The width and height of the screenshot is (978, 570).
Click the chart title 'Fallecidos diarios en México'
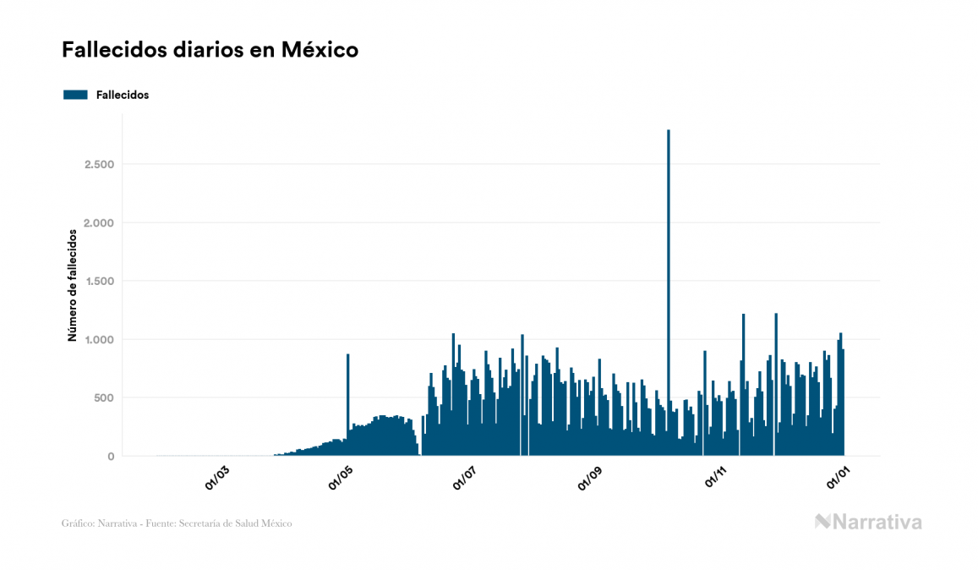210,50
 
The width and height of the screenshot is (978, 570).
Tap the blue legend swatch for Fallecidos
75,95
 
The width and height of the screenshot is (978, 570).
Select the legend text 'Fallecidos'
123,95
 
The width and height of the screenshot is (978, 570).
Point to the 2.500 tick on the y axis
99,164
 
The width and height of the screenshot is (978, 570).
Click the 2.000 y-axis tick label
99,222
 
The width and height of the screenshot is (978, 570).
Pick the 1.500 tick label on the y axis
99,281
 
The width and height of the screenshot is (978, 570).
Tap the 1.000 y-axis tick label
99,339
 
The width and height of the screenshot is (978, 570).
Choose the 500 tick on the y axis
103,397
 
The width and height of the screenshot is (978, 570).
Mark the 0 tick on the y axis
110,457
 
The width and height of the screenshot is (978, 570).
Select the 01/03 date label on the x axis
216,479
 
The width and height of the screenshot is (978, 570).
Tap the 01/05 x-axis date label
341,479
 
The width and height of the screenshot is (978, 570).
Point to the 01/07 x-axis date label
466,479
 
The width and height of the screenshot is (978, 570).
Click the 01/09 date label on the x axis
590,479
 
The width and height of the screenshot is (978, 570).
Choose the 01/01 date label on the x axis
839,479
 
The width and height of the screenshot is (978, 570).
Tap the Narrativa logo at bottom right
868,522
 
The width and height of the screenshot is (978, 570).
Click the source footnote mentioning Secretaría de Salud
177,523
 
